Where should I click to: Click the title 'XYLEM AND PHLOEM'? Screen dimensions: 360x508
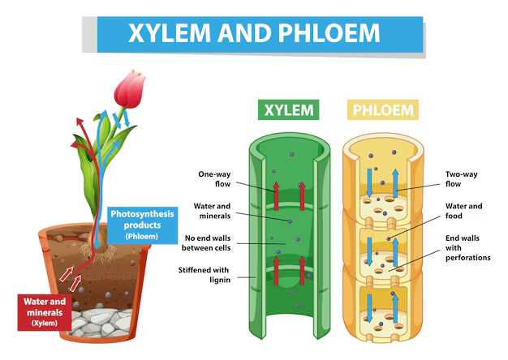click(253, 32)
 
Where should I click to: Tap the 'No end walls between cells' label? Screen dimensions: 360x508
click(209, 242)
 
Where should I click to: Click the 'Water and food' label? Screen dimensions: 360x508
click(463, 212)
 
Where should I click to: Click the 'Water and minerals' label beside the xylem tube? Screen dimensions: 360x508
click(209, 211)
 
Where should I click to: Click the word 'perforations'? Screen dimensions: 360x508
click(468, 258)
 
